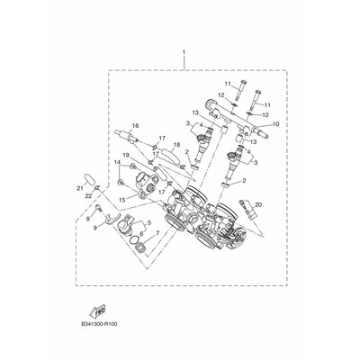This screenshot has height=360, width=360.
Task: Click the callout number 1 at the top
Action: click(184, 52)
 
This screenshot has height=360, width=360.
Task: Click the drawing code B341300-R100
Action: click(99, 324)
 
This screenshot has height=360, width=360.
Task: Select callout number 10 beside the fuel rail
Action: click(276, 123)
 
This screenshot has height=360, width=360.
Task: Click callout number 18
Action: click(177, 145)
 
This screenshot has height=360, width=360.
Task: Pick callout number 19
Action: click(126, 155)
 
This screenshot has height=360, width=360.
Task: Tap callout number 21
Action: click(79, 188)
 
